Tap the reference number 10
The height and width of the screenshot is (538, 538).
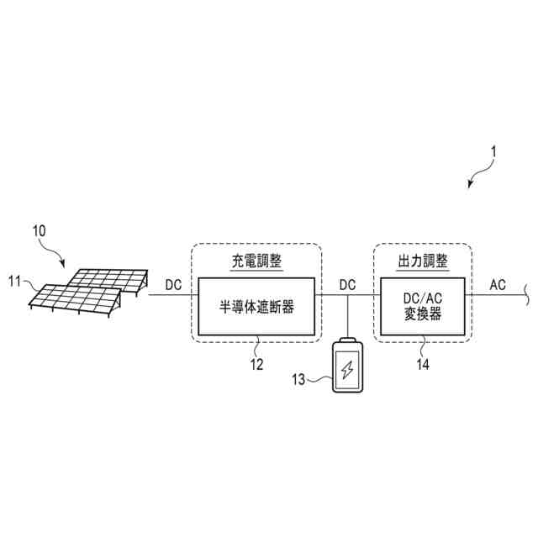(40, 229)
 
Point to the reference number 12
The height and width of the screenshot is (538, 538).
(256, 364)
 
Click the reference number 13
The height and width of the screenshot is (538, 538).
(298, 379)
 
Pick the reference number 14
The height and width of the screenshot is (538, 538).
(423, 364)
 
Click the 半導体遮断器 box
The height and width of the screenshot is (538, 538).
(256, 307)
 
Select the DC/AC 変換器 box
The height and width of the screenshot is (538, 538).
(423, 307)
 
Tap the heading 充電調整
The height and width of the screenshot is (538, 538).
(256, 261)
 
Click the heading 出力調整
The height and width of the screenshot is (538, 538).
(422, 261)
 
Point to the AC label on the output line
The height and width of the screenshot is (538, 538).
(498, 284)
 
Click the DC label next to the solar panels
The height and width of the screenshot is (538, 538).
(173, 284)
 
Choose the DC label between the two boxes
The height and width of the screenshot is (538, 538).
(347, 284)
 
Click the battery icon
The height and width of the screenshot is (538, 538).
(347, 367)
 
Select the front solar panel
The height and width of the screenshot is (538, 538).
(76, 298)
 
